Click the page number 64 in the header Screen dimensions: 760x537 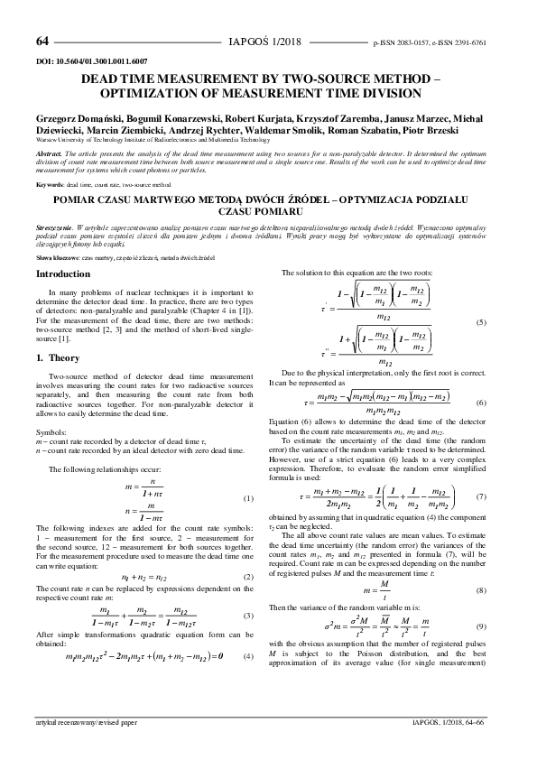pyautogui.click(x=42, y=42)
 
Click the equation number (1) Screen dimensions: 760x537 pyautogui.click(x=249, y=499)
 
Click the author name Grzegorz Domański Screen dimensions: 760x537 pyautogui.click(x=75, y=118)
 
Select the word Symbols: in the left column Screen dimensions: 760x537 pyautogui.click(x=50, y=433)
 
